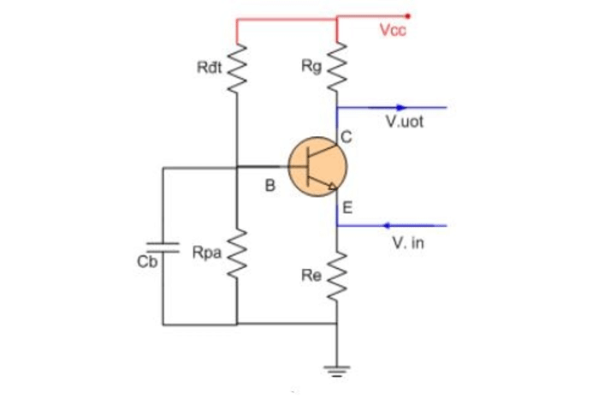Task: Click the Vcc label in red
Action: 394,31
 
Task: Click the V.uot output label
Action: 404,122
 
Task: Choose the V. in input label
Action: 406,244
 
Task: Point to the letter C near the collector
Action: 346,136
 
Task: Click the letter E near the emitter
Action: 347,207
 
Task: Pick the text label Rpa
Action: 205,253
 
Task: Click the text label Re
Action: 313,276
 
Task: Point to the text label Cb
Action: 147,262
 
